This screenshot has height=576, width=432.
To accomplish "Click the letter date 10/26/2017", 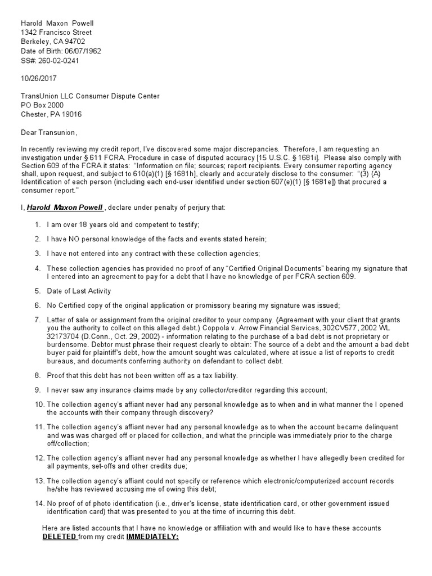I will click(38, 79).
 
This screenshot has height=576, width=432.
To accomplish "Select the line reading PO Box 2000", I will click(42, 105).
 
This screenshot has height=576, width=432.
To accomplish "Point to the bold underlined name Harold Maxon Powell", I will click(65, 208).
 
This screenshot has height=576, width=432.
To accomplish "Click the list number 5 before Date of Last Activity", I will click(37, 291).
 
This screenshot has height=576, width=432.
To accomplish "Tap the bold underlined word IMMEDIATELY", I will click(152, 537).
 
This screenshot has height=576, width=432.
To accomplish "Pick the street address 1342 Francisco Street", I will click(56, 33).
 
